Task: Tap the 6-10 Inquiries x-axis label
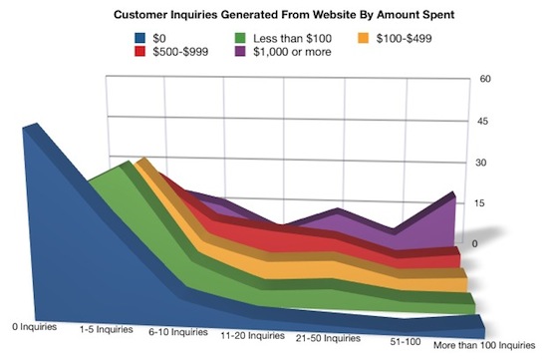click(177, 330)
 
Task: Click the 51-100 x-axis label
click(408, 340)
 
